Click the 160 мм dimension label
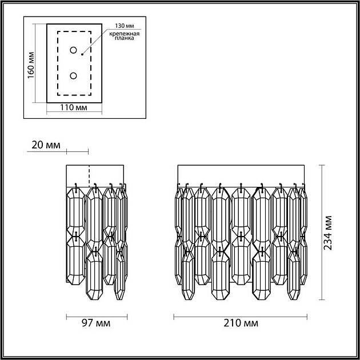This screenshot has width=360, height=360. tap(32, 63)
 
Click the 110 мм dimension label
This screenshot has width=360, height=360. tap(73, 107)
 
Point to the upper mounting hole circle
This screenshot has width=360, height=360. tap(73, 50)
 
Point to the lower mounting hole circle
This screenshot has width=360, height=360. tap(73, 75)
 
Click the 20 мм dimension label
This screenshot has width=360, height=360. tap(46, 145)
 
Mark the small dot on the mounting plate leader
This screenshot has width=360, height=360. tap(82, 55)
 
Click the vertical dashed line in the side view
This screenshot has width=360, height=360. tap(89, 175)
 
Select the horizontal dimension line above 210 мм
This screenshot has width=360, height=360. tap(241, 315)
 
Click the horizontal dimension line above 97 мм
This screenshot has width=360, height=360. tap(95, 315)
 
